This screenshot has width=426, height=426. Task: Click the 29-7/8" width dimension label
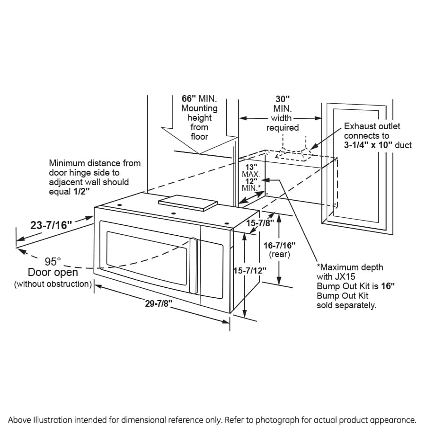pos(158,304)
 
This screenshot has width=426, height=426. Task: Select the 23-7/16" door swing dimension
pos(51,225)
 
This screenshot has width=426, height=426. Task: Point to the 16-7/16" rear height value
pos(279,245)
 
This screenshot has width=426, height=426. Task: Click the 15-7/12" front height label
pos(250,270)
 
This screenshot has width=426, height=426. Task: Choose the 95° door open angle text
pos(53,261)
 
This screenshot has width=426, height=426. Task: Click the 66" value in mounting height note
pos(189,99)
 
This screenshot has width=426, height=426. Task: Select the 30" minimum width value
pos(283,99)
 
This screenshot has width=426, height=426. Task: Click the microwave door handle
pos(193,265)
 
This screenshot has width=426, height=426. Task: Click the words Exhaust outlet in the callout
pos(372,126)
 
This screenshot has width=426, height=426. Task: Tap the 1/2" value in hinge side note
pos(81,191)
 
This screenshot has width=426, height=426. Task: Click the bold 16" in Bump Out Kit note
pos(387,286)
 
